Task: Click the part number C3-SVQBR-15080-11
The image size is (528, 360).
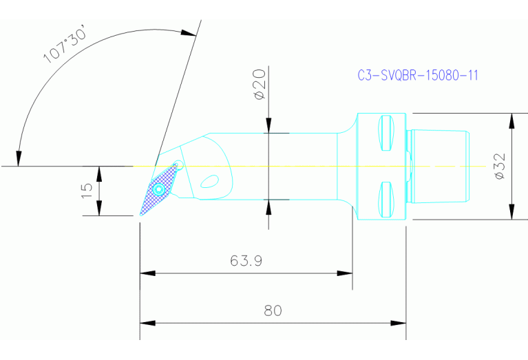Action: click(418, 76)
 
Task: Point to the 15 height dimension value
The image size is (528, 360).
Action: click(87, 191)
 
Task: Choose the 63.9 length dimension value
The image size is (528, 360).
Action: click(246, 261)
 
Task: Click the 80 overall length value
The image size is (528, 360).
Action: click(273, 310)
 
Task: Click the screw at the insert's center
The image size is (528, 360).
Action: click(160, 188)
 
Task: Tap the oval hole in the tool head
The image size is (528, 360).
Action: click(209, 181)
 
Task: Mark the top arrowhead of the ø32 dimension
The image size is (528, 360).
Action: click(511, 120)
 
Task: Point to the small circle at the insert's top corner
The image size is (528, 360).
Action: click(179, 164)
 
